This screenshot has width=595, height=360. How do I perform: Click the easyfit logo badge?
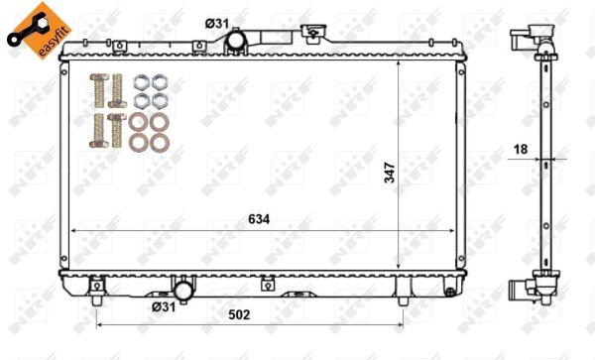(x=38, y=31)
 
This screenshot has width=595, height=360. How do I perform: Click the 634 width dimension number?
(x=259, y=219)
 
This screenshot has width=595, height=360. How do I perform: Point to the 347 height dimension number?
(x=390, y=173)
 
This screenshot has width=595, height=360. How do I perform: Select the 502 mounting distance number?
(x=239, y=314)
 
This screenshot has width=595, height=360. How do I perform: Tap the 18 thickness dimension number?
(x=521, y=150)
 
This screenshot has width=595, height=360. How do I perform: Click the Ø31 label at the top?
(x=217, y=24)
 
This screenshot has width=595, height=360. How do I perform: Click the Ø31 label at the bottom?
(x=164, y=306)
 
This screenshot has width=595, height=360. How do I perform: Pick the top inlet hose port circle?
(x=235, y=40)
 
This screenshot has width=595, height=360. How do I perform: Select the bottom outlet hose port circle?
(x=183, y=291)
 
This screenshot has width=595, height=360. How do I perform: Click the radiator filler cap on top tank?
(x=313, y=31)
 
